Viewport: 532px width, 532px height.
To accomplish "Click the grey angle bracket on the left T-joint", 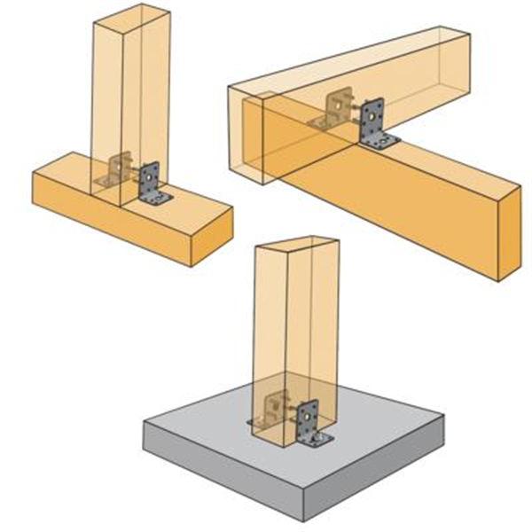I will tap(151, 183).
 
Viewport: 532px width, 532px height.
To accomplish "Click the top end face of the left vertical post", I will tap(131, 11).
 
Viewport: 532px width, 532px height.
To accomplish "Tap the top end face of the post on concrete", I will tap(295, 245).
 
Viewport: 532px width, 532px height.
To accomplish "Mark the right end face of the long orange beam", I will tap(508, 233).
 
